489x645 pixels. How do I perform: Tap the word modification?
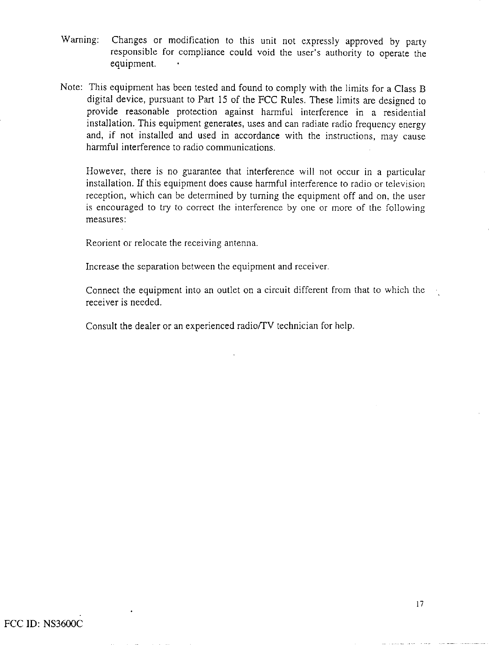(x=193, y=41)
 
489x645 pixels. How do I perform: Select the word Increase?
(x=102, y=267)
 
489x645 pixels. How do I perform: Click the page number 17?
(x=419, y=604)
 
